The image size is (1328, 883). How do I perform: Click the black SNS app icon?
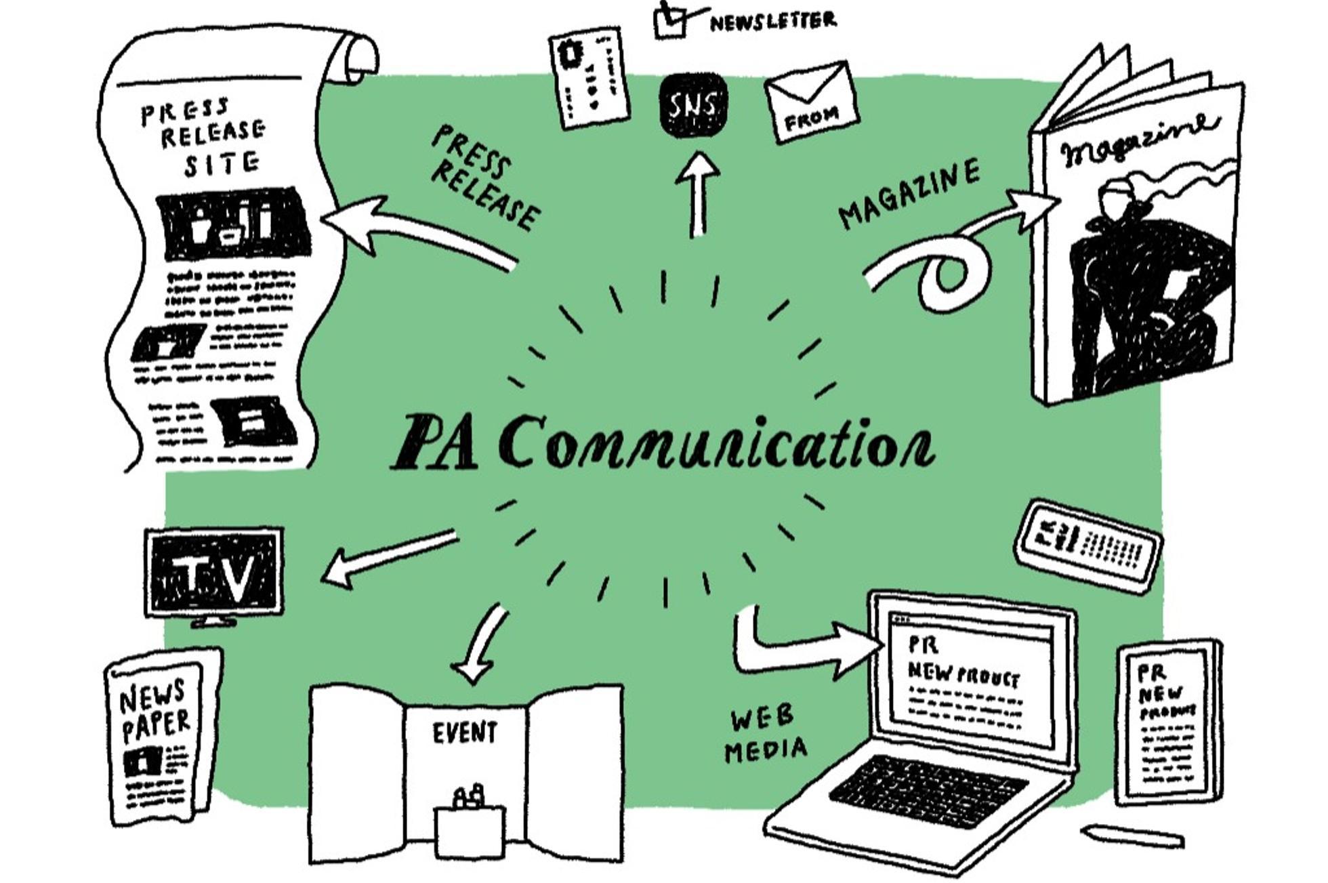(692, 104)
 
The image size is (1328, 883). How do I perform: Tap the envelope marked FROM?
(811, 102)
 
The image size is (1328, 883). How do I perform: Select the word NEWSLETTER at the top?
(772, 22)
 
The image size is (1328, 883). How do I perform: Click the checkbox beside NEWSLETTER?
(670, 21)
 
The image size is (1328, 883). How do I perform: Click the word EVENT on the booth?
(465, 733)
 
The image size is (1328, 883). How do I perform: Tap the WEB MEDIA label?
(765, 735)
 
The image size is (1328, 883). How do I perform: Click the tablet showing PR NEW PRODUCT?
(1169, 722)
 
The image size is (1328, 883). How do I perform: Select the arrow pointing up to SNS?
(697, 193)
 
